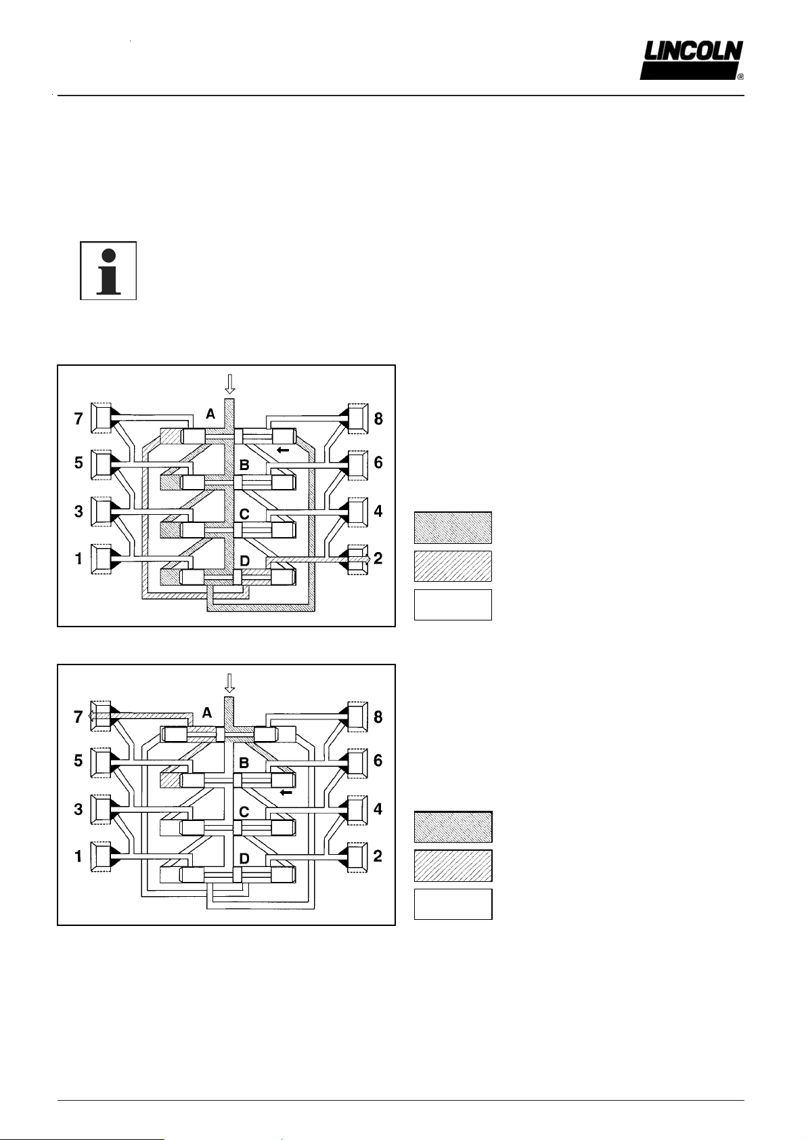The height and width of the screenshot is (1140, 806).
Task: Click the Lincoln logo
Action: [692, 60]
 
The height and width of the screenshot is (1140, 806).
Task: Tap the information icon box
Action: [108, 271]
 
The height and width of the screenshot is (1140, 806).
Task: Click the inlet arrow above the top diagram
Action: [230, 384]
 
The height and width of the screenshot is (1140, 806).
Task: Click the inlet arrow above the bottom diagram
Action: [230, 683]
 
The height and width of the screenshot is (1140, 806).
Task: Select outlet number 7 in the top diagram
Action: [79, 419]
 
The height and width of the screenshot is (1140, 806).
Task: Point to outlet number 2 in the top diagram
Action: [378, 558]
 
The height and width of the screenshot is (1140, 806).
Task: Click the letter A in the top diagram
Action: [210, 414]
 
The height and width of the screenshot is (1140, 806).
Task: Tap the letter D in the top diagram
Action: [244, 561]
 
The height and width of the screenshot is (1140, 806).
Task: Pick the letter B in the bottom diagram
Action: [244, 763]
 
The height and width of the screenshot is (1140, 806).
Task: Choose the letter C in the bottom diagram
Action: [244, 811]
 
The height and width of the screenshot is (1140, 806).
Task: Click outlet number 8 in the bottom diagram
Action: [378, 717]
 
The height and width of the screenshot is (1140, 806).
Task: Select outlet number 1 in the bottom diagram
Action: [79, 857]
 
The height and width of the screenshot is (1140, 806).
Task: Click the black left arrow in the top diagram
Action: [283, 450]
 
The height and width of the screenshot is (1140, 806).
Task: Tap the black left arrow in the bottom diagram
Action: [286, 793]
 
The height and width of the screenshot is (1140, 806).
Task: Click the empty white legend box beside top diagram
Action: [453, 605]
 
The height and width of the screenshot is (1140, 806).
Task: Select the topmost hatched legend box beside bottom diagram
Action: [453, 827]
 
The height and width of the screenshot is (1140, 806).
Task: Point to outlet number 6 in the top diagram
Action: [378, 463]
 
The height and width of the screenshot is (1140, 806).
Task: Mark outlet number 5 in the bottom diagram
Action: [79, 761]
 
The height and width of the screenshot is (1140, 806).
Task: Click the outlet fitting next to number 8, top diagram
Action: [358, 419]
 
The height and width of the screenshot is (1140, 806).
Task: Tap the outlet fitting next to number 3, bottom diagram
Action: [102, 809]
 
